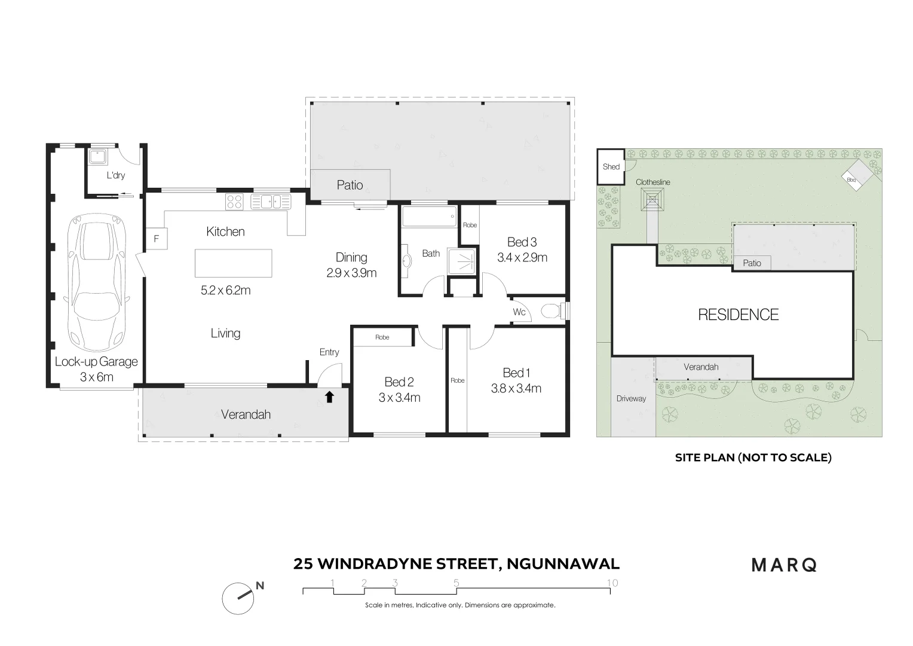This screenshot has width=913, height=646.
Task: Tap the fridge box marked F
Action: click(x=157, y=238)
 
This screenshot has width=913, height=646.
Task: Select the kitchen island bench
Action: click(x=233, y=263)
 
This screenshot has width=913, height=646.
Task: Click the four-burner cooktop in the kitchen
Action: click(x=234, y=202)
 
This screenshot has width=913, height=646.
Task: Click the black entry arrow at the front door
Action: click(x=329, y=397)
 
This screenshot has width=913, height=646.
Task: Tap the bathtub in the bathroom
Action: click(x=428, y=217)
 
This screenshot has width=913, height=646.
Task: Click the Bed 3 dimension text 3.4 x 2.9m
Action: click(x=522, y=258)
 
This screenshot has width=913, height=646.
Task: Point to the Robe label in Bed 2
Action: click(x=382, y=337)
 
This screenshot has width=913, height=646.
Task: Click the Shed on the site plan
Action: click(x=611, y=167)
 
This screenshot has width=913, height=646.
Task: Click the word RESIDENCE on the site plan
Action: click(x=738, y=315)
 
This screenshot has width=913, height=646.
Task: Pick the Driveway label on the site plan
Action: click(x=631, y=398)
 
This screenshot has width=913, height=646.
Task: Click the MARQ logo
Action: click(x=783, y=565)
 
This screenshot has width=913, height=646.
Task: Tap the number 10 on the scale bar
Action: click(x=611, y=583)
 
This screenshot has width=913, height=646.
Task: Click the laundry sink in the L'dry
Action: click(x=97, y=157)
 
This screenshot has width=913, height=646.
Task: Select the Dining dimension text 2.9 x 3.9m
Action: click(x=351, y=273)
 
